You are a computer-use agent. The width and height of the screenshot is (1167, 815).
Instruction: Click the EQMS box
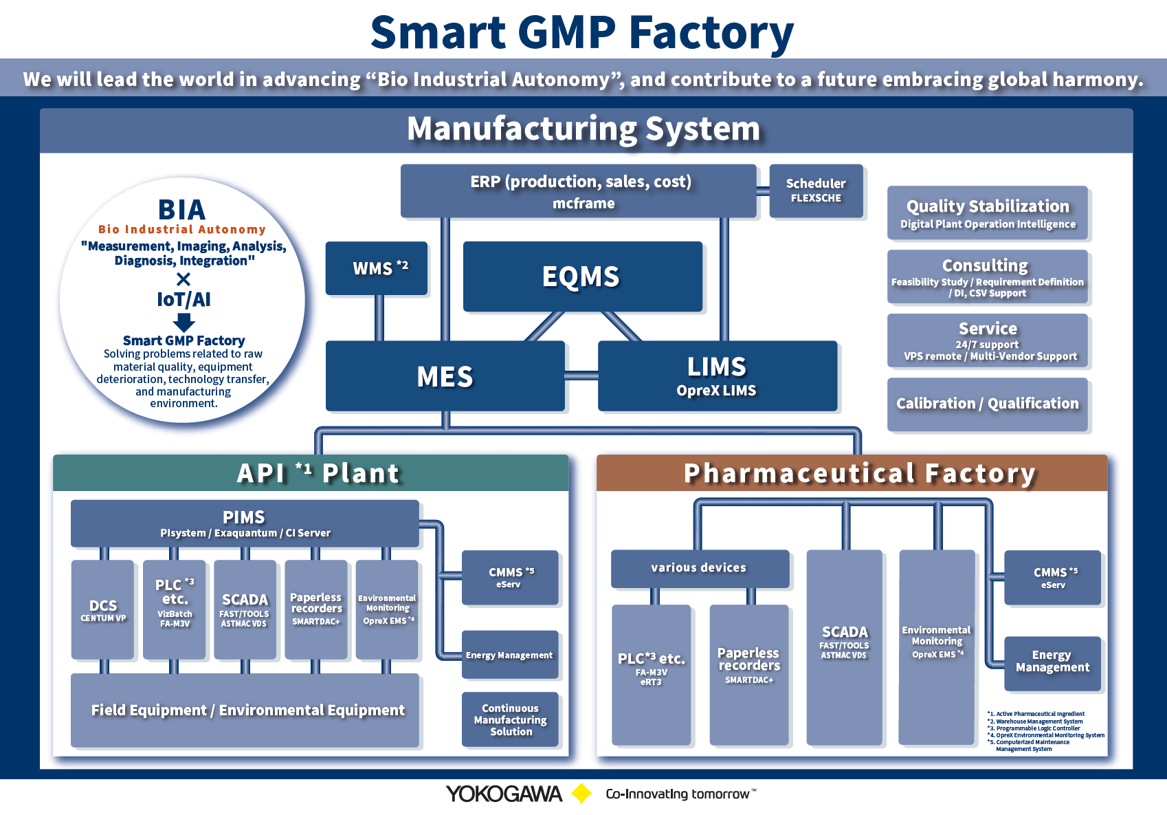point(582,276)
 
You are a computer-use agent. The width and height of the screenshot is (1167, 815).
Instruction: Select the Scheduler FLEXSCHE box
point(816,191)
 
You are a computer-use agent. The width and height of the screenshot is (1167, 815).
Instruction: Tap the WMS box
point(377,268)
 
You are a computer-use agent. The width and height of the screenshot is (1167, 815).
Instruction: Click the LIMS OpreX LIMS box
point(717,376)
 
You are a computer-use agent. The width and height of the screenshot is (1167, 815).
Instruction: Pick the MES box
point(445,376)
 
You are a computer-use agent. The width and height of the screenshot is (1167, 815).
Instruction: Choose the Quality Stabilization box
point(987,213)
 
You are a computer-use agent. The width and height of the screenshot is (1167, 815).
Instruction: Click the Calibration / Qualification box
point(987,404)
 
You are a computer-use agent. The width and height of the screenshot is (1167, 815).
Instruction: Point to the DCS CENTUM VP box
point(103,609)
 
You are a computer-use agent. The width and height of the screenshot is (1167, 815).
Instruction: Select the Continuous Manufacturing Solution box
point(510,719)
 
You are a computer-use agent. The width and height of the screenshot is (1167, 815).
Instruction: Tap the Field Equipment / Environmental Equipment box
point(245,710)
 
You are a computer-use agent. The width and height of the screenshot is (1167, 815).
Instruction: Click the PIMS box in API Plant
point(245,523)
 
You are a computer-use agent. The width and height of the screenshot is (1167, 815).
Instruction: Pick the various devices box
point(699,568)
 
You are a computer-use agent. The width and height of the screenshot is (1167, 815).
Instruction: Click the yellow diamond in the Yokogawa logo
point(582,794)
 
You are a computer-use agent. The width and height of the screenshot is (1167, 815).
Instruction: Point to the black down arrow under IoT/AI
point(184,322)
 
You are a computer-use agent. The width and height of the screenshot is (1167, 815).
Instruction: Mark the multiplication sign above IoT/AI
point(184,279)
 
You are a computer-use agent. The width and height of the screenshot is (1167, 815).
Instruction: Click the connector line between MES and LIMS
point(581,376)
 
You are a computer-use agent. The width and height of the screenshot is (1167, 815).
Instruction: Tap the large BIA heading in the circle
point(181,209)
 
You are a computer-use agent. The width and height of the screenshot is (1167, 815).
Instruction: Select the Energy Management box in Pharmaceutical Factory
point(1052,662)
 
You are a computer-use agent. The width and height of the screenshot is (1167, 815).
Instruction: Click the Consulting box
point(987,276)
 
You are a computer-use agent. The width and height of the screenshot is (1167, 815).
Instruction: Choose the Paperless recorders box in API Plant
point(316,609)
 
